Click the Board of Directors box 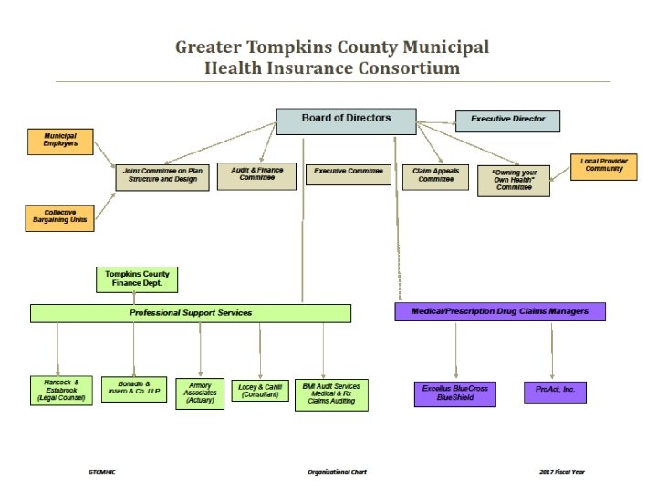pos(346,121)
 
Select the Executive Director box pos(507,121)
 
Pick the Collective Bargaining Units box pos(60,217)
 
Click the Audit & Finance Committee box pos(256,175)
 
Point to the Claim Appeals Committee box pos(435,176)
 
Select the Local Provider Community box pos(604,166)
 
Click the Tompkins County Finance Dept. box pos(138,278)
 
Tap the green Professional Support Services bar pos(191,313)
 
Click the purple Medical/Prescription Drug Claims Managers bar pos(500,311)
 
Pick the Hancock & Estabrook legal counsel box pos(61,390)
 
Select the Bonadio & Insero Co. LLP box pos(134,389)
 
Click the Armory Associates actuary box pos(200,393)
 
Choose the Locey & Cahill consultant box pos(259,390)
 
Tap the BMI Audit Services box pos(331,393)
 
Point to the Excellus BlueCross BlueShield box pos(455,393)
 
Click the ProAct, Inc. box pos(555,392)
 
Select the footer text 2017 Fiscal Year pos(562,472)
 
